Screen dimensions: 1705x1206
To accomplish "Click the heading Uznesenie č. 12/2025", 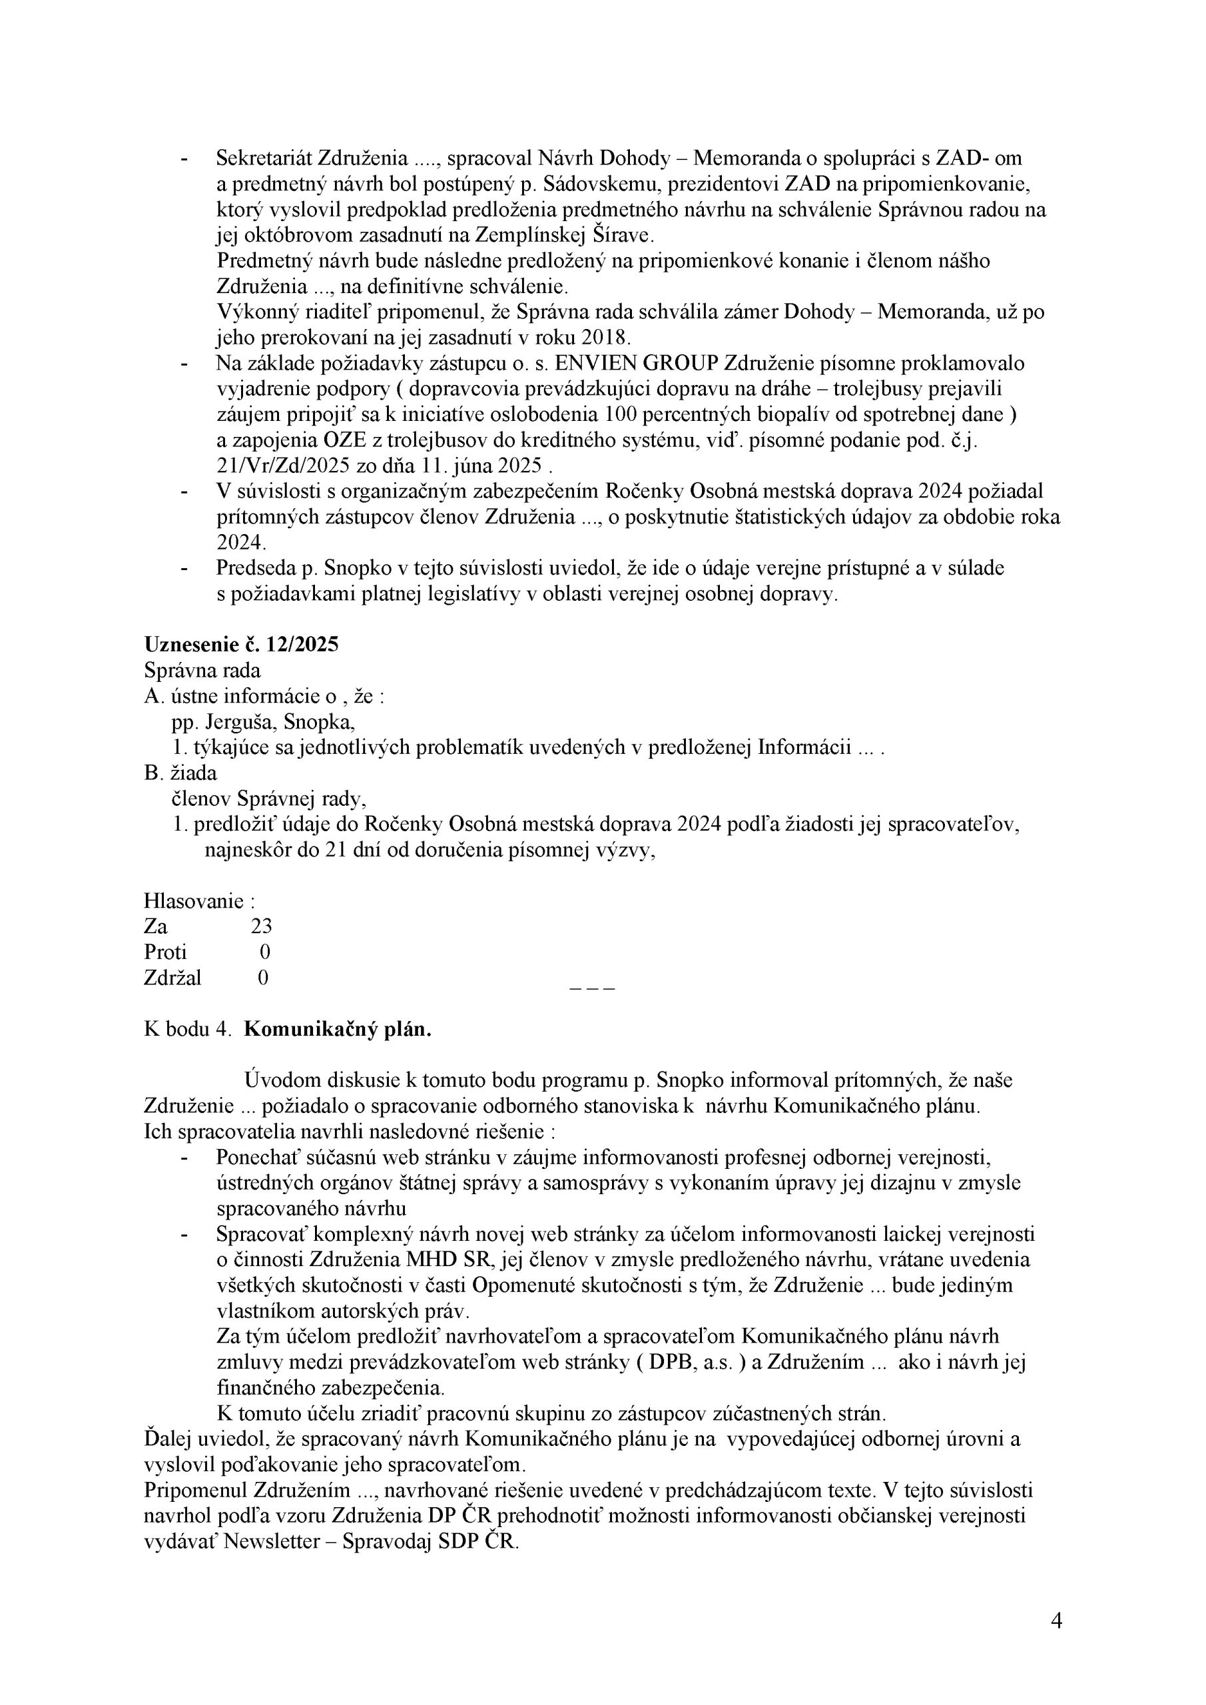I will click(240, 645).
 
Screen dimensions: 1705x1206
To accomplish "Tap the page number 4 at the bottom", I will click(1056, 1620).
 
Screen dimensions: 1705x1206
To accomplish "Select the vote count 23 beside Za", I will click(262, 926).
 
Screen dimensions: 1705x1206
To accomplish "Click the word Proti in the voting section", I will click(165, 952).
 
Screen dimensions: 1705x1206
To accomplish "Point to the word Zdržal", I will click(172, 978).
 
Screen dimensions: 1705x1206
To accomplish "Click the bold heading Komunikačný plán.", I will click(337, 1030).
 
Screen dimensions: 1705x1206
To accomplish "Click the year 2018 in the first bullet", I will click(605, 338).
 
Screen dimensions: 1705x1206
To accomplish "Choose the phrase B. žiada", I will click(180, 773).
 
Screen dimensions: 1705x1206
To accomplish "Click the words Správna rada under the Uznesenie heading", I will click(202, 671).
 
